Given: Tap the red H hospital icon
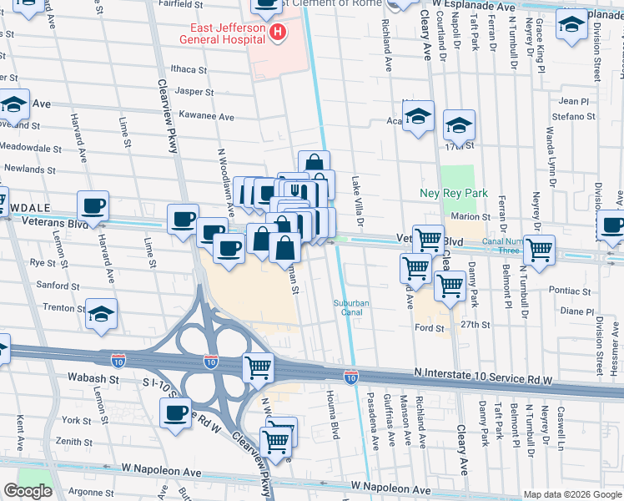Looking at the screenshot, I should [278, 33].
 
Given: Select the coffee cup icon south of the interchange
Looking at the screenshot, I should [176, 412].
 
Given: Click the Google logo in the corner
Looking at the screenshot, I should [27, 491].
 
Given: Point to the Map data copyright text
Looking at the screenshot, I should [572, 494].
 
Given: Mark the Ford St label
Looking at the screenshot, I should [430, 328].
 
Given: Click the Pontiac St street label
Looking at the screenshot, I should [571, 292].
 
